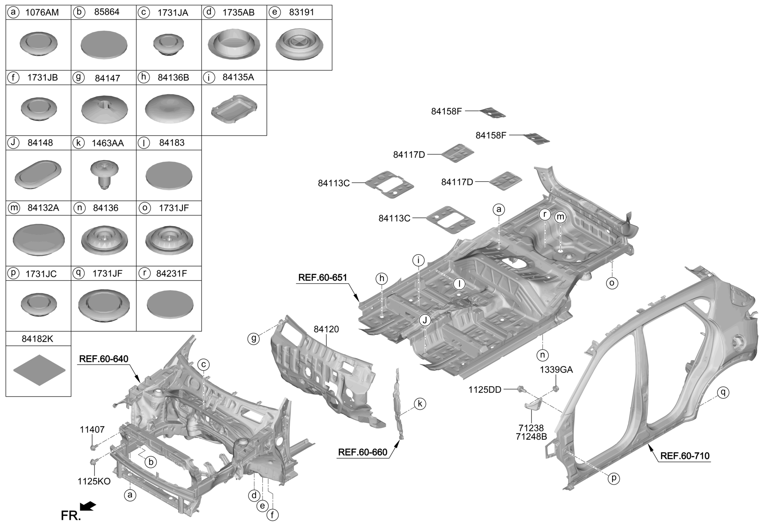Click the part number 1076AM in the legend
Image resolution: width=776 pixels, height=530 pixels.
[x=42, y=12]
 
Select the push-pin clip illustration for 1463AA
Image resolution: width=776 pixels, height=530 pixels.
[x=104, y=175]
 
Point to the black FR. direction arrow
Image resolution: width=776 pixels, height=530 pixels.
[x=88, y=506]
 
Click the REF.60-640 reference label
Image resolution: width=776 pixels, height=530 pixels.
[x=104, y=359]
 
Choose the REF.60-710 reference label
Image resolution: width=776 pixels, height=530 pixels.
[x=685, y=456]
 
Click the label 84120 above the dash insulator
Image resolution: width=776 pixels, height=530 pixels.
[x=326, y=329]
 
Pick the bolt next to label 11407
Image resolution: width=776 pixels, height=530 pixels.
[x=93, y=448]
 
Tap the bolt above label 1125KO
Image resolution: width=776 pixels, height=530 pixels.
[x=93, y=462]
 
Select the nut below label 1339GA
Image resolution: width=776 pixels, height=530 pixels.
[x=556, y=388]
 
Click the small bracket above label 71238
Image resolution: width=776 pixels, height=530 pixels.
[x=532, y=405]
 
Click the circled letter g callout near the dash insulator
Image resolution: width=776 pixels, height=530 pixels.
[x=254, y=339]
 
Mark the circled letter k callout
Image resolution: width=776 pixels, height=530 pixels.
[x=420, y=404]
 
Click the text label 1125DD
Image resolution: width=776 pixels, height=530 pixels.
[x=485, y=390]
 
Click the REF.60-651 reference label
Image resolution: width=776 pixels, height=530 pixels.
[x=322, y=278]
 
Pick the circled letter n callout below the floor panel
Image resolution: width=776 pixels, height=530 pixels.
[x=542, y=355]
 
